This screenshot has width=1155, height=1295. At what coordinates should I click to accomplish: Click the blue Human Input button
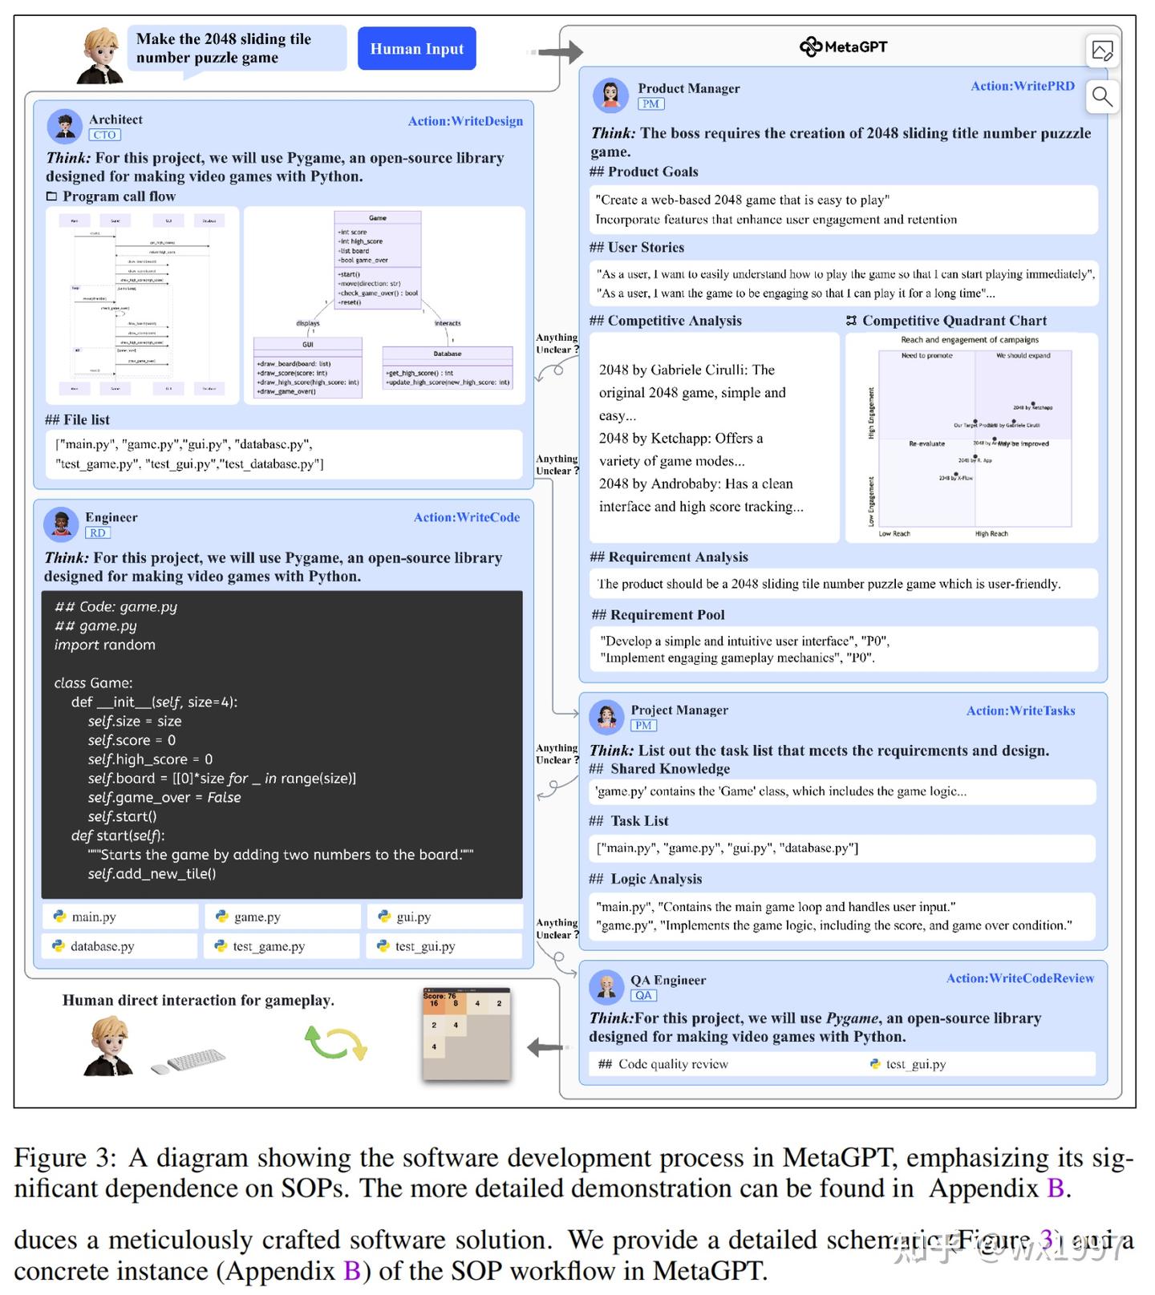[416, 49]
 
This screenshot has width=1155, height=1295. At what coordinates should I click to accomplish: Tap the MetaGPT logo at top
[843, 47]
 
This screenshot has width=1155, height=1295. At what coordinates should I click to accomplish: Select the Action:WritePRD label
[1022, 86]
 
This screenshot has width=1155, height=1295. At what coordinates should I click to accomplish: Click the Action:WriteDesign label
[465, 121]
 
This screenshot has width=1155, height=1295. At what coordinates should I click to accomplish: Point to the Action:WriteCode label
[466, 517]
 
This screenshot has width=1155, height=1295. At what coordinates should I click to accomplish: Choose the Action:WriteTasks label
[1020, 710]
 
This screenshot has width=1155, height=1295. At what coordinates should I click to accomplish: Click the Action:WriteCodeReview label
[1019, 978]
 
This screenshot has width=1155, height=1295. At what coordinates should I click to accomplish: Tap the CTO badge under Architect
[104, 135]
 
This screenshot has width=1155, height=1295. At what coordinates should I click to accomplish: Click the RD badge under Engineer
[97, 532]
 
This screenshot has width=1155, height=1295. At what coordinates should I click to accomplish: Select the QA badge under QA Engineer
[643, 995]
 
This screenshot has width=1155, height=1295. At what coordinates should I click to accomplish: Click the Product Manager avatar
[610, 95]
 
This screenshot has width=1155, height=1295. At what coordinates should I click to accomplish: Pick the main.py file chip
[120, 917]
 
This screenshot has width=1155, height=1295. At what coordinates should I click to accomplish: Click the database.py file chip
[120, 946]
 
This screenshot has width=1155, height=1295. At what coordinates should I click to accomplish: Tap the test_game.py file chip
[282, 946]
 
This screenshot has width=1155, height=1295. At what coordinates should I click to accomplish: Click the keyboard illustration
[191, 1060]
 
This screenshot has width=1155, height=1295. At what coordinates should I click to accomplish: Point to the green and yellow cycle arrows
[335, 1043]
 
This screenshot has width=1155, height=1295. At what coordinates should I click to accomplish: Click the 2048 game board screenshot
[466, 1034]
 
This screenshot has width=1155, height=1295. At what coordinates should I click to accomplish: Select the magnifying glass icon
[1102, 97]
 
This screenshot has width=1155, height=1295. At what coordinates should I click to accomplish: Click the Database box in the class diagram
[447, 368]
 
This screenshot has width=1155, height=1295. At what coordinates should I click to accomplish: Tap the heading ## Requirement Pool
[658, 615]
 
